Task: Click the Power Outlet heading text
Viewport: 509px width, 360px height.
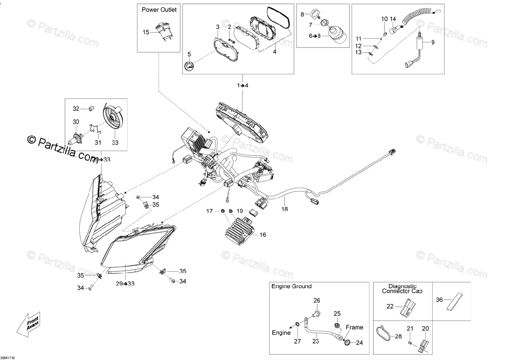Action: coord(159,9)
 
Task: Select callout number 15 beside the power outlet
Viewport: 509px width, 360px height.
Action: coord(146,32)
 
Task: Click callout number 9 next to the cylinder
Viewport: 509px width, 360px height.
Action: coord(433,42)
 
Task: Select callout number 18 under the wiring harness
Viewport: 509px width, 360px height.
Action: coord(285,209)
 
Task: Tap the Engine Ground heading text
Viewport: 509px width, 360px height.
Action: coord(292,287)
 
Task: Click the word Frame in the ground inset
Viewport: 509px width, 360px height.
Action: coord(354,327)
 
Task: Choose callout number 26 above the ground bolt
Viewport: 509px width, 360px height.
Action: coord(316,301)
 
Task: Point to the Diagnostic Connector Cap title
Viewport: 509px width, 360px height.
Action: coord(399,289)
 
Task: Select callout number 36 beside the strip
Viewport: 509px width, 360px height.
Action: coord(439,299)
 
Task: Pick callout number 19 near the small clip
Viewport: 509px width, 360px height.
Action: coord(240,211)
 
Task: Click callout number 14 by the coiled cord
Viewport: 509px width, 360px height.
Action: coord(393,19)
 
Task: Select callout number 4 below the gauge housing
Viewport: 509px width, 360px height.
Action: coord(274,51)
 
